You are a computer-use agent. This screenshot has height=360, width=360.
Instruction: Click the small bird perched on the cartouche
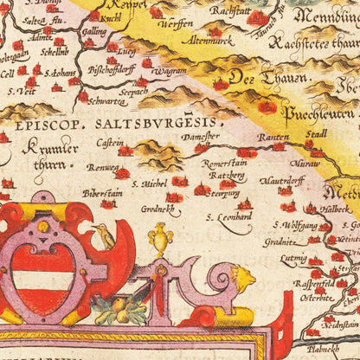(105, 231)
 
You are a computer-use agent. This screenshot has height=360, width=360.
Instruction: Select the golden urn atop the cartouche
(160, 236)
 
